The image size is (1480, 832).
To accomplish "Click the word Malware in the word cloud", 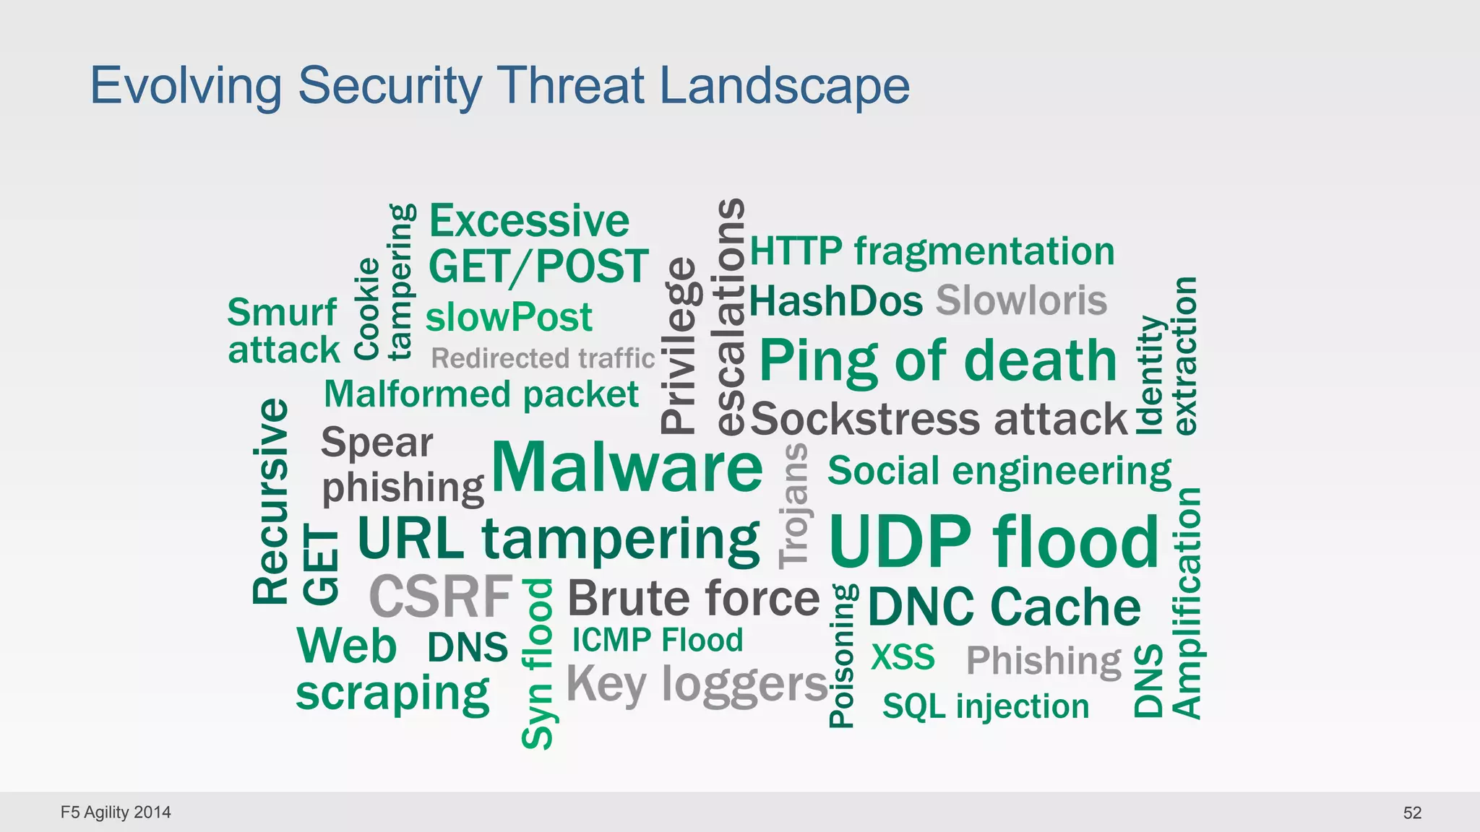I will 627,467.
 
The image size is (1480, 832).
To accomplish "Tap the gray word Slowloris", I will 1021,300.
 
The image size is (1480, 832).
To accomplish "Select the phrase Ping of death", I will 938,360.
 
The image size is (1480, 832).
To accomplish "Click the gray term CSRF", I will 441,597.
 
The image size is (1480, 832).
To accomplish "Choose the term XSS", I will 903,657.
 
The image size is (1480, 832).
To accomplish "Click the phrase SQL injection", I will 986,706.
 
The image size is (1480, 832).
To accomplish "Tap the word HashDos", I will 836,300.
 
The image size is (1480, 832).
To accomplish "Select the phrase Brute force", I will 694,598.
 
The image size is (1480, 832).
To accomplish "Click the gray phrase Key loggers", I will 697,683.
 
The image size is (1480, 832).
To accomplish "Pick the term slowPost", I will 509,317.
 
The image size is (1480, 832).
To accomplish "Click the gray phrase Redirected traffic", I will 543,358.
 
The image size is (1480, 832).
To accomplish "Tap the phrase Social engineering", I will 999,471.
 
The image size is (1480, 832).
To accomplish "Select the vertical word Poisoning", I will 842,656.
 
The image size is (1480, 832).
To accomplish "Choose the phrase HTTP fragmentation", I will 932,251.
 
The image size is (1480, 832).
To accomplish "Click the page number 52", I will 1412,812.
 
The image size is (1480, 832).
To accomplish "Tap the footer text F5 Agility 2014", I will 116,812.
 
